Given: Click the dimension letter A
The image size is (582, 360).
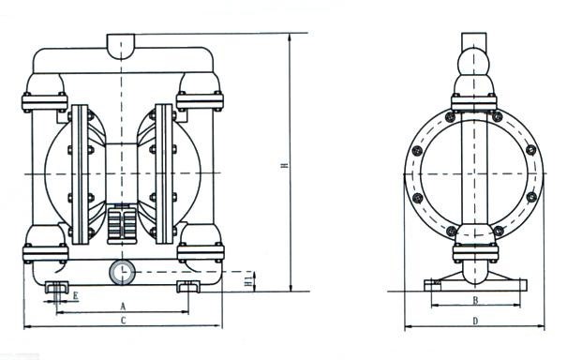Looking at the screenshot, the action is coord(124,307).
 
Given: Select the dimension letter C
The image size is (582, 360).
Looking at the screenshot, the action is coord(124,321).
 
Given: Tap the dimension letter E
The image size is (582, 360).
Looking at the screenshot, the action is coord(75,296).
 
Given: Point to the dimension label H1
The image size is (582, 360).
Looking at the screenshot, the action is coord(249,279).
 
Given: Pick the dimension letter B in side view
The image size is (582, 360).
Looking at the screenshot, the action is coord(475,300).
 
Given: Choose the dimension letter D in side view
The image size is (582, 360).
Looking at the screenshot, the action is coord(475,321).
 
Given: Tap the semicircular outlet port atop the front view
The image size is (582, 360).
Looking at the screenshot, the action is coord(121,46).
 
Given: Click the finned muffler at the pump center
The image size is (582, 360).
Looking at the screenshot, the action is coord(122,224).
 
